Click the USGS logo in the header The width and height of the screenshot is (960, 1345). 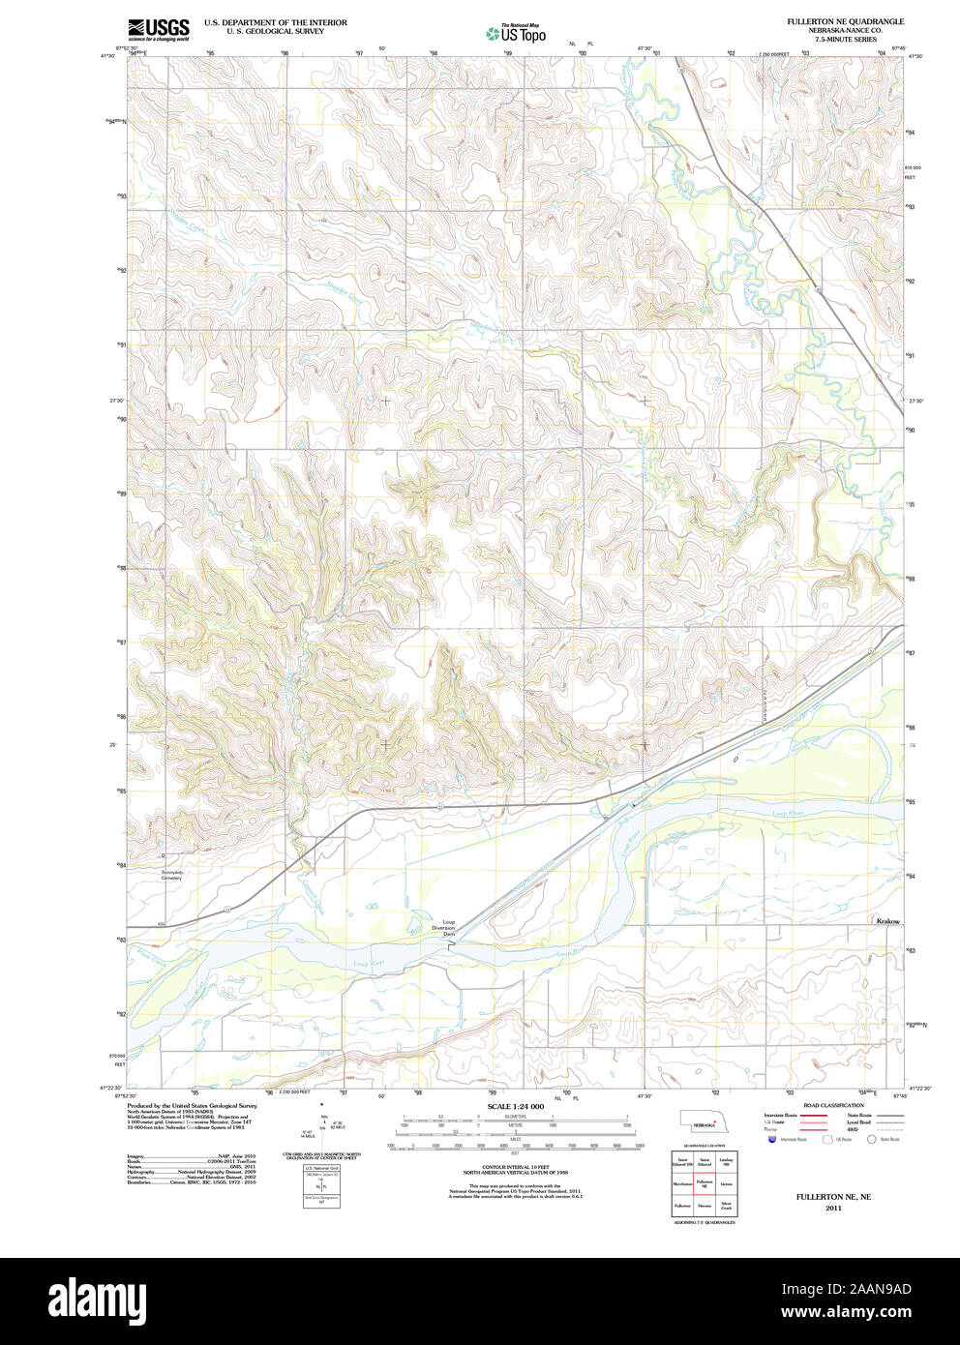click(158, 29)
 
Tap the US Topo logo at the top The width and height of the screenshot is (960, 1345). click(516, 33)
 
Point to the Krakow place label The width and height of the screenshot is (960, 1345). click(887, 921)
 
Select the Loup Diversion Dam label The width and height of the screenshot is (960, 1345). click(448, 928)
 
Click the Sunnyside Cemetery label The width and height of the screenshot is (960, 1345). click(171, 875)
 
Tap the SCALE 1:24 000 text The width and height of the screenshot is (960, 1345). click(515, 1106)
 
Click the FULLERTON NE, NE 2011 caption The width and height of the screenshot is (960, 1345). click(833, 1202)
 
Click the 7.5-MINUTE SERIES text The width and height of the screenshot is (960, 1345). click(845, 40)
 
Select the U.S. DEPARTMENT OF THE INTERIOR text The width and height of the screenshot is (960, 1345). click(275, 22)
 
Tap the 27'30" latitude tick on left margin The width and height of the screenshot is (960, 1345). click(115, 401)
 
